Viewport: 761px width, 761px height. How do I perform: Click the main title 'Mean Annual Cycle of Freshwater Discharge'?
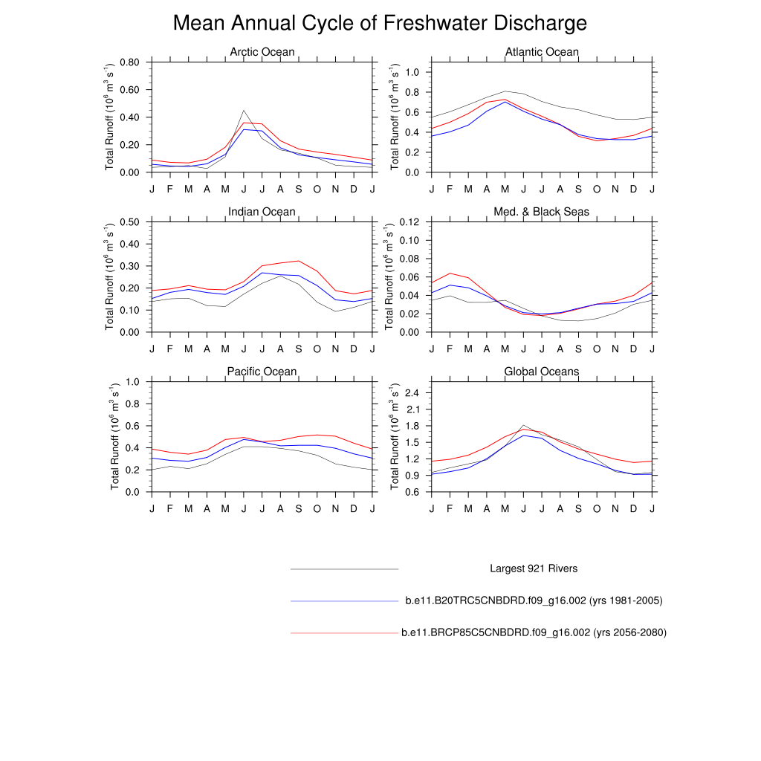tap(380, 23)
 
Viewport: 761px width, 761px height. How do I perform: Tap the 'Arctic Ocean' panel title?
tap(262, 52)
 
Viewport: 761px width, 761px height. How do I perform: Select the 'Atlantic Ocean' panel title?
tap(542, 52)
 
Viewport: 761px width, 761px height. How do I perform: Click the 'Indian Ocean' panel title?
tap(262, 212)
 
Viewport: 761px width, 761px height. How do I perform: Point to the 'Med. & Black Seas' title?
tap(542, 212)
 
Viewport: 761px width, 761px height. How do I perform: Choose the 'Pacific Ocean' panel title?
tap(262, 372)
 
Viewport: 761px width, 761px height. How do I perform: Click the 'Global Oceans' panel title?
tap(542, 372)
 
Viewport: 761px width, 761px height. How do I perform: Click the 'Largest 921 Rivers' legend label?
tap(534, 569)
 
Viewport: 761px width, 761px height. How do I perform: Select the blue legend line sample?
tap(345, 600)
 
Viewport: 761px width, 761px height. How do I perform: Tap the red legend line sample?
tap(345, 632)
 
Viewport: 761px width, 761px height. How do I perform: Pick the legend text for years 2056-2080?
tap(534, 632)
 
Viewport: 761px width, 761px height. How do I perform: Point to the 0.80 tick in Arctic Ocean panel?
tap(129, 62)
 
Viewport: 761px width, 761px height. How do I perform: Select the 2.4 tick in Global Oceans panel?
tap(414, 392)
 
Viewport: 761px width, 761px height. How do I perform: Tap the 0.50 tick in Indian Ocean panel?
tap(129, 222)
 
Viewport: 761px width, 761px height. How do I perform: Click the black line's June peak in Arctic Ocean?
tap(244, 111)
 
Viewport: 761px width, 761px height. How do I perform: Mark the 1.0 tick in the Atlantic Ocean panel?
tap(414, 73)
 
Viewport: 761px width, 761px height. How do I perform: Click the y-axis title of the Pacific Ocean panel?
tap(116, 436)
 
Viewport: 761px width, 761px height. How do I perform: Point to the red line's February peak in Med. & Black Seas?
tap(450, 273)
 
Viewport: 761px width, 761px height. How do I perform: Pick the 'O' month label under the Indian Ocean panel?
tap(317, 349)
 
